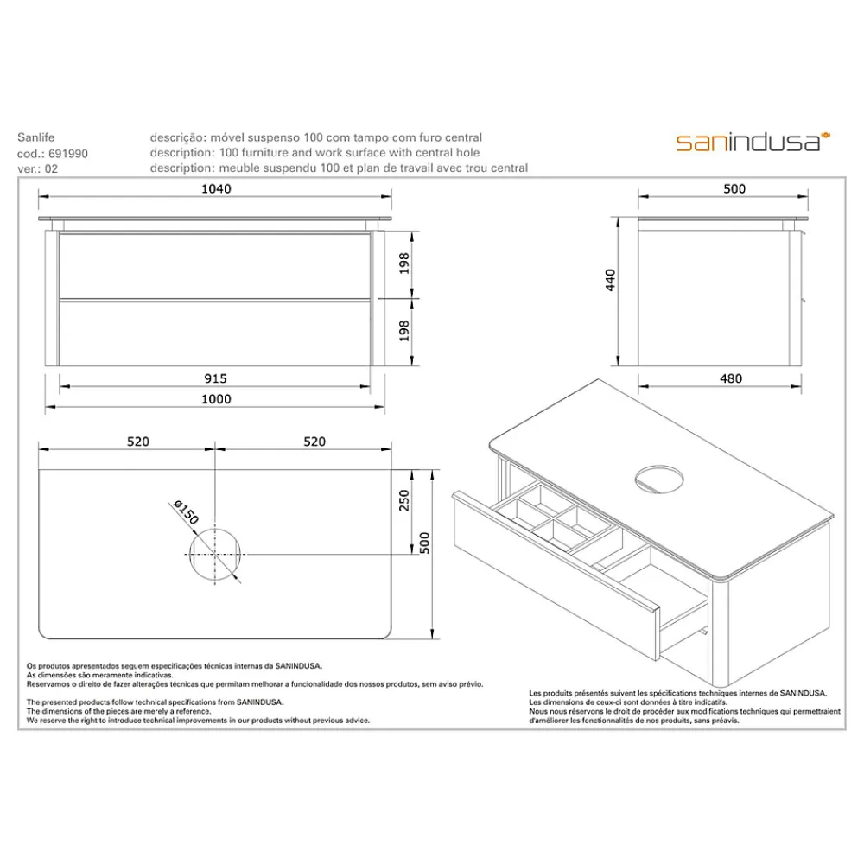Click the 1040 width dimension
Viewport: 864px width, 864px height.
[x=216, y=188]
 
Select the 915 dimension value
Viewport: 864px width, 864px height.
[x=215, y=378]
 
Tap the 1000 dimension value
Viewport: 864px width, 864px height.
[x=216, y=399]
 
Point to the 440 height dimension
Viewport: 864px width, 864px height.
[x=610, y=280]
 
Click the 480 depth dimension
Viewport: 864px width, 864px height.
[x=731, y=378]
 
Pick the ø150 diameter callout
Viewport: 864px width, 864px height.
[x=186, y=511]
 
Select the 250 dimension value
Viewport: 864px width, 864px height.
[x=404, y=500]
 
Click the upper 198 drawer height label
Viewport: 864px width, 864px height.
[x=404, y=264]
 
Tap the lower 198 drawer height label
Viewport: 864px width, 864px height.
[x=404, y=331]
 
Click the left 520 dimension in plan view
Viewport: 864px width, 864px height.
[x=137, y=442]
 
